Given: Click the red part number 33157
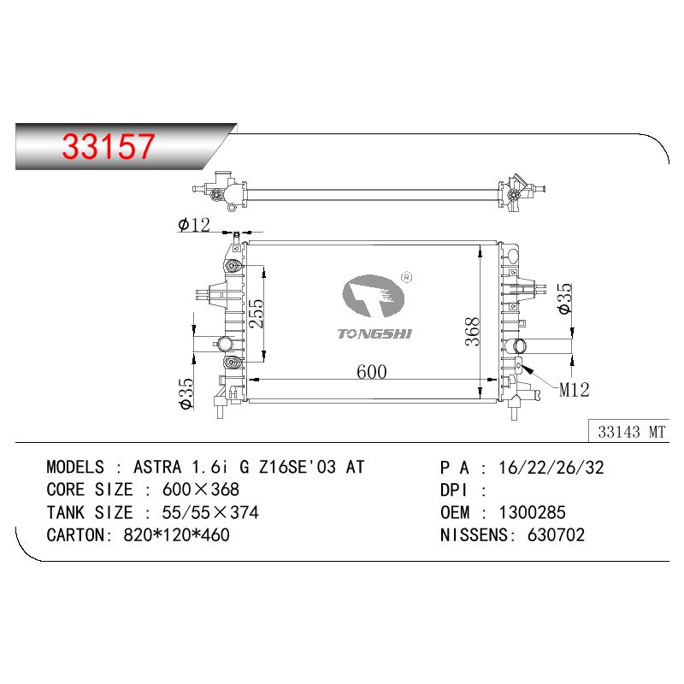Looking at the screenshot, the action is pyautogui.click(x=109, y=145).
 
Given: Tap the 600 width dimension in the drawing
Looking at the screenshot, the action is pyautogui.click(x=372, y=372).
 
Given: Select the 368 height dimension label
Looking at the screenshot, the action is pyautogui.click(x=472, y=332).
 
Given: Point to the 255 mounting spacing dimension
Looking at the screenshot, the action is pyautogui.click(x=256, y=313).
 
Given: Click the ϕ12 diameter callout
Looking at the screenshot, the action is pyautogui.click(x=194, y=225).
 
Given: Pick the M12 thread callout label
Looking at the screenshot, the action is pyautogui.click(x=574, y=390).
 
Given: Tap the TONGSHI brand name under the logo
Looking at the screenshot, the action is pyautogui.click(x=374, y=334).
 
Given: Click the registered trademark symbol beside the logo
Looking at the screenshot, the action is pyautogui.click(x=406, y=277).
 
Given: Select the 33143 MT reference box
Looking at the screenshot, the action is pyautogui.click(x=628, y=431).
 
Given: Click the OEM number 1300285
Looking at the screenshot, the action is pyautogui.click(x=532, y=512).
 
